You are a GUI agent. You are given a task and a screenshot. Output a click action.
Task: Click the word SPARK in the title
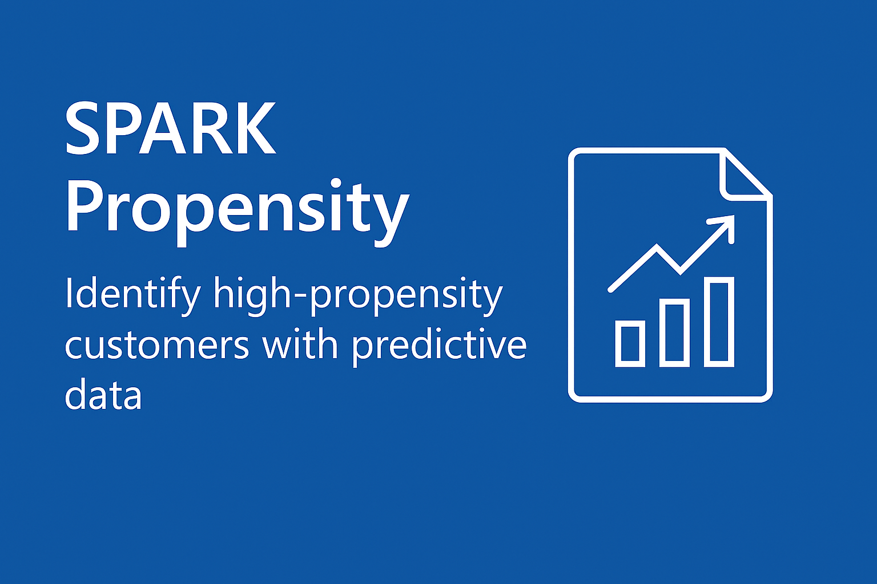[171, 128]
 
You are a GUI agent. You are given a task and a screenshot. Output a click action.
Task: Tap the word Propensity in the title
[238, 212]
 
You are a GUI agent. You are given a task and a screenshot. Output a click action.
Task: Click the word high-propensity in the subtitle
[358, 296]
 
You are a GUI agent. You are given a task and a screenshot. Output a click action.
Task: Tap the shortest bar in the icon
[630, 343]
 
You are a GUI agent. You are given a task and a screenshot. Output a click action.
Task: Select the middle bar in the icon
[674, 332]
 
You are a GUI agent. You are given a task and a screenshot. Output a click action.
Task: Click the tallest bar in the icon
[719, 322]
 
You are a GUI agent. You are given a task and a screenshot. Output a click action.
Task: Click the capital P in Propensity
[87, 205]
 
